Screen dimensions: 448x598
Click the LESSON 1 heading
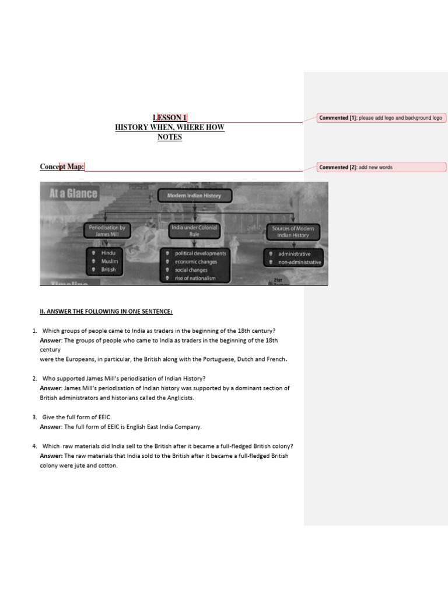170,117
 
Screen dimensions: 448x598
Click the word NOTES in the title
170,137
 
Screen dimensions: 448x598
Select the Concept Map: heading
62,166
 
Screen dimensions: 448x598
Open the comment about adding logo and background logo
381,118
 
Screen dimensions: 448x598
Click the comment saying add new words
381,167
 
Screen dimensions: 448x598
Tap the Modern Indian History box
195,196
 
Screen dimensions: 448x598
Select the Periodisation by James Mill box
107,231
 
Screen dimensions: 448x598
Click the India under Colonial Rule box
194,231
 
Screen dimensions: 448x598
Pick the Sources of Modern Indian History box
293,232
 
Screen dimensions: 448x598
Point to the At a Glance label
73,193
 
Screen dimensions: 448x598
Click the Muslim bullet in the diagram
109,261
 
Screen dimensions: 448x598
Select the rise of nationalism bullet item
195,279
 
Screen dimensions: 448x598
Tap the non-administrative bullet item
299,262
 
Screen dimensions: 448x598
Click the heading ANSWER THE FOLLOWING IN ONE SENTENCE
106,312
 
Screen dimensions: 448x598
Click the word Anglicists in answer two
181,398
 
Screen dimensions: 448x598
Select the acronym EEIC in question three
104,417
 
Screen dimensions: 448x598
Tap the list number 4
34,446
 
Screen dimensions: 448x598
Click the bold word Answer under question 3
51,427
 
